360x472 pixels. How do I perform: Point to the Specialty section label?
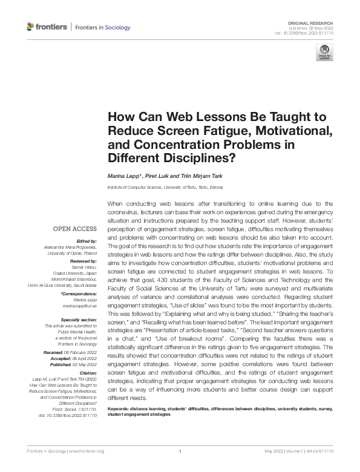[79, 319]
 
